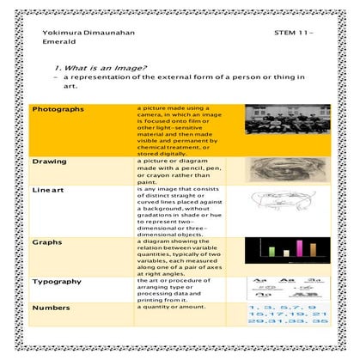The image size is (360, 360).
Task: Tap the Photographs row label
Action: (58, 110)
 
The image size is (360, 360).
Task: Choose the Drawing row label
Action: (50, 162)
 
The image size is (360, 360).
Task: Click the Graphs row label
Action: (47, 242)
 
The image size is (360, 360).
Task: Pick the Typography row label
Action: (58, 282)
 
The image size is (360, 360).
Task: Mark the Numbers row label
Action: (51, 307)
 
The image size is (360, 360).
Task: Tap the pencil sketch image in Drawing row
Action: (282, 170)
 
